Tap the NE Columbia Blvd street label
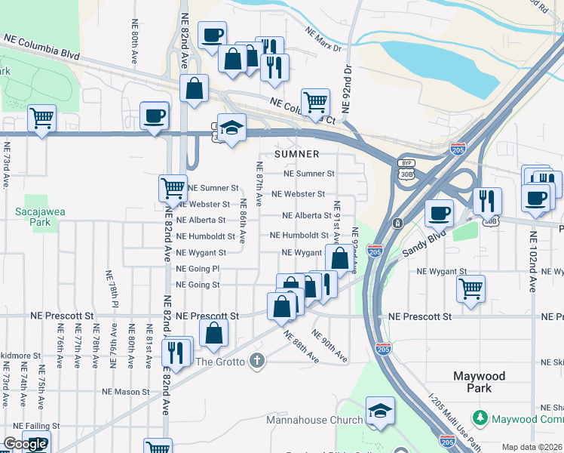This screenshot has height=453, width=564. click(41, 46)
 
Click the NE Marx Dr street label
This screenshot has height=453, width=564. click(323, 40)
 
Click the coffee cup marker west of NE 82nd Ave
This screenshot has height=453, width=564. click(155, 116)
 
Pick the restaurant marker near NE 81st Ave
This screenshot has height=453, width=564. click(177, 353)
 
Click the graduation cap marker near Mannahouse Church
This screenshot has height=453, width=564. click(379, 410)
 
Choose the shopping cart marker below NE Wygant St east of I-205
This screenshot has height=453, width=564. click(471, 288)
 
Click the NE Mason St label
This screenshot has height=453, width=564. click(126, 392)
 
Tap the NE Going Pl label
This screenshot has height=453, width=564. click(198, 269)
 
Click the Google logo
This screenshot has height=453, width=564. click(24, 444)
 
